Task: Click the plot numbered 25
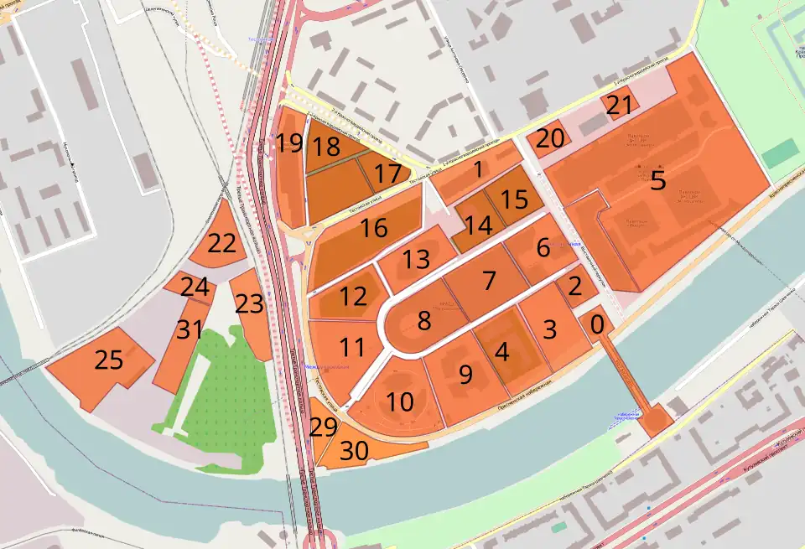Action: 108,361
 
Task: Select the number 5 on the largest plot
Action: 658,180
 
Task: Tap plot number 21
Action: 619,106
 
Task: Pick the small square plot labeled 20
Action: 549,140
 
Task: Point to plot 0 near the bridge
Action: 596,321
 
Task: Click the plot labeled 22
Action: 221,244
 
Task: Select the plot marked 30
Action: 354,451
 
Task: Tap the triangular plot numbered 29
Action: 323,427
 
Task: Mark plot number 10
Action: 400,402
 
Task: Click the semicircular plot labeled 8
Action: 424,320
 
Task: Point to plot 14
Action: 478,225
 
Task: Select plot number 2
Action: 574,287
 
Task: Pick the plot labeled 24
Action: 194,287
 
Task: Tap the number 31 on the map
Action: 190,330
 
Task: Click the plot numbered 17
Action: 387,174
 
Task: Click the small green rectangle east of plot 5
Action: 780,153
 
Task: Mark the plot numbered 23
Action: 249,303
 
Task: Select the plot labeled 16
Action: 374,228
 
